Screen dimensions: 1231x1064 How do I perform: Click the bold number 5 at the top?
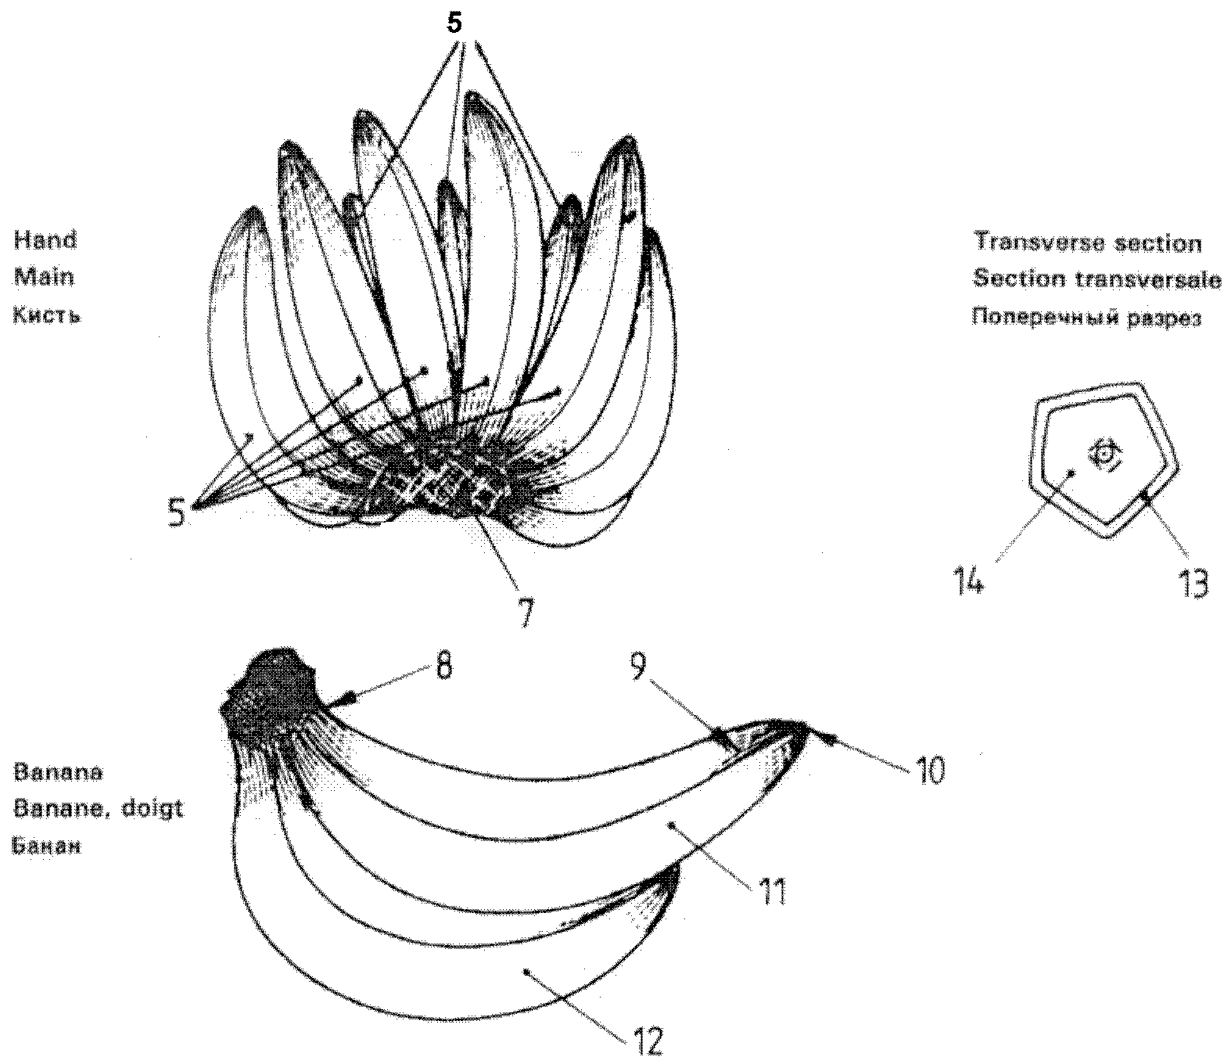coord(454,23)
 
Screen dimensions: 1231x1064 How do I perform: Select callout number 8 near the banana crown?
coord(443,665)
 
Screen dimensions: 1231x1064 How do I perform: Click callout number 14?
coord(967,580)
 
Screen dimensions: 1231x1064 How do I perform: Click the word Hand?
coord(45,240)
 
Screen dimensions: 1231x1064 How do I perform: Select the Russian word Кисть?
coord(46,315)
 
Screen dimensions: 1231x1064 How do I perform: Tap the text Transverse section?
coord(1087,243)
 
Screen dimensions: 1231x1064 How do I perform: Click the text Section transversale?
coord(1097,279)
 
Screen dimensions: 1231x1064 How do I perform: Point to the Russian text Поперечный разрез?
coord(1087,318)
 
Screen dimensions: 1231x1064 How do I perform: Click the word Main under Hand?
coord(44,278)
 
